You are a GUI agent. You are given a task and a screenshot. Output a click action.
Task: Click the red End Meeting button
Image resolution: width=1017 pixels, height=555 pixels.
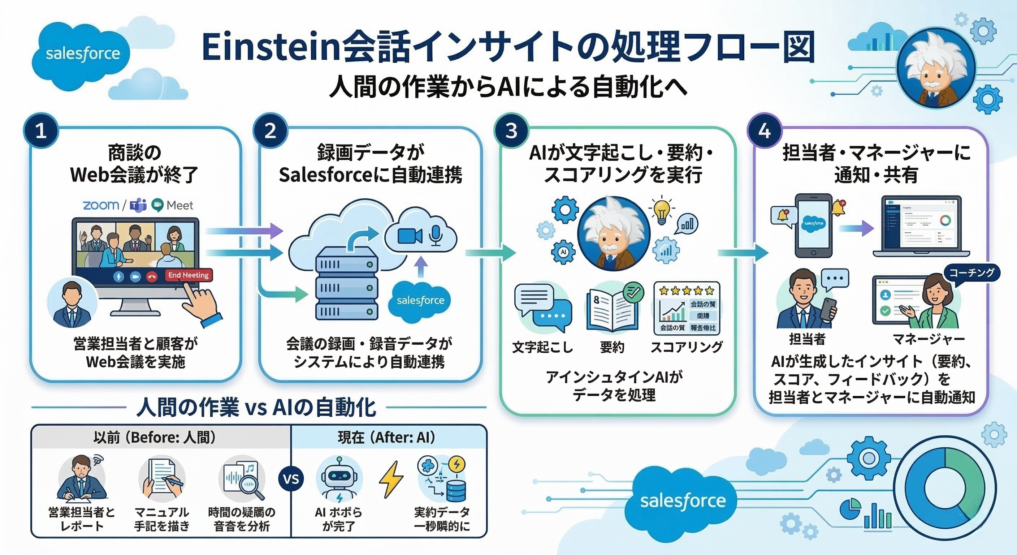(189, 275)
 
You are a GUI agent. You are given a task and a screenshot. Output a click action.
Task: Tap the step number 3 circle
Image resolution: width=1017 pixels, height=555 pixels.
(511, 131)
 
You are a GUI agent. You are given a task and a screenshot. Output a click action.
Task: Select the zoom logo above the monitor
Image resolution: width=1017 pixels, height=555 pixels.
(101, 205)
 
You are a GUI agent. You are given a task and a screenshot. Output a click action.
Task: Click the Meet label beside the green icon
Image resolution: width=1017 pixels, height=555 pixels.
(180, 205)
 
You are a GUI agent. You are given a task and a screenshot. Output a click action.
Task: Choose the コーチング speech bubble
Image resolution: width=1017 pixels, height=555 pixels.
(971, 273)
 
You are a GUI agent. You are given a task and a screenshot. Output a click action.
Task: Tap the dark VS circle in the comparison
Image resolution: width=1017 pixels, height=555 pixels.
(291, 479)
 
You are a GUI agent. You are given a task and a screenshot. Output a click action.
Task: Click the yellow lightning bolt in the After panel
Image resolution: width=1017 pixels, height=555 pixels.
(391, 479)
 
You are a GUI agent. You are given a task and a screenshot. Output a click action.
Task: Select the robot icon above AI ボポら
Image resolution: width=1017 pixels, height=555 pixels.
(339, 479)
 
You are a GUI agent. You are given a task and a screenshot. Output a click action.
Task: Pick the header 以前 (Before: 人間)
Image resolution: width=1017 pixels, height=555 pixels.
(155, 438)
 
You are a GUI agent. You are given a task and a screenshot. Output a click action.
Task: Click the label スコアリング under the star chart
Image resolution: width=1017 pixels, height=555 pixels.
(687, 347)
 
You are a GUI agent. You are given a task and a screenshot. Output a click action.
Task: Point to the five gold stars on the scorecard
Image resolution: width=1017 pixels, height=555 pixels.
(687, 291)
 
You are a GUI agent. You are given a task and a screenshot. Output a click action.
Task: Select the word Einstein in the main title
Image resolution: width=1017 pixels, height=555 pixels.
(271, 47)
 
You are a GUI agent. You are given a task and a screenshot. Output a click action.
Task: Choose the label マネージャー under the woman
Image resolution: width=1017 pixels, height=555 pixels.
(929, 339)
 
